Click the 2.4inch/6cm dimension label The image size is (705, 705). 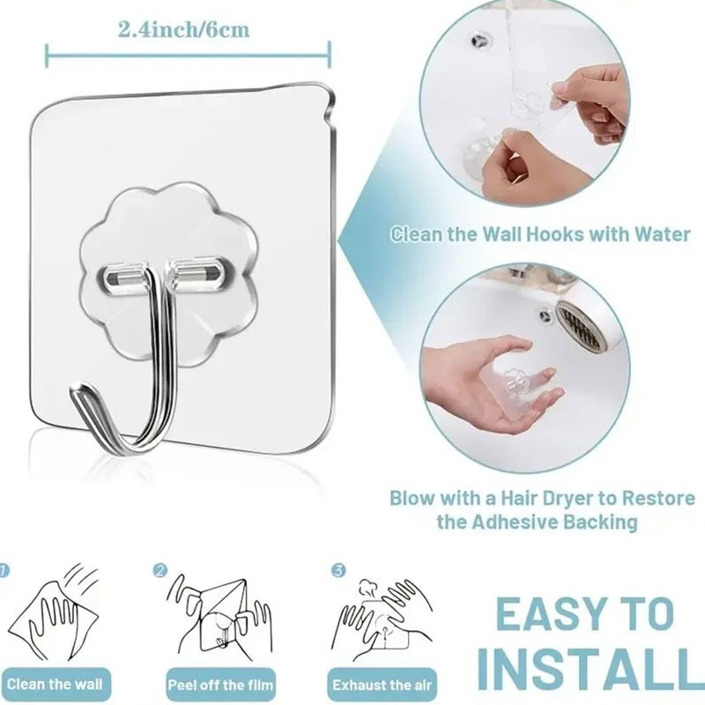pyautogui.click(x=183, y=30)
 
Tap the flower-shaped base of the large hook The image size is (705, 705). pyautogui.click(x=168, y=274)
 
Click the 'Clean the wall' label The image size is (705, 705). pyautogui.click(x=55, y=685)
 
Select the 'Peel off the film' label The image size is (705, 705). pyautogui.click(x=220, y=685)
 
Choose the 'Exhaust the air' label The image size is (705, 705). pyautogui.click(x=382, y=685)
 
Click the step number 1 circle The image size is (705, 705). pyautogui.click(x=3, y=570)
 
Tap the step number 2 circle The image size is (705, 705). pyautogui.click(x=160, y=570)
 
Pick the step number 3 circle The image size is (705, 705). pyautogui.click(x=338, y=570)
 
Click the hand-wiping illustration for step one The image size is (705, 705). pyautogui.click(x=54, y=613)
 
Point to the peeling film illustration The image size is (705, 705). pyautogui.click(x=219, y=616)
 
